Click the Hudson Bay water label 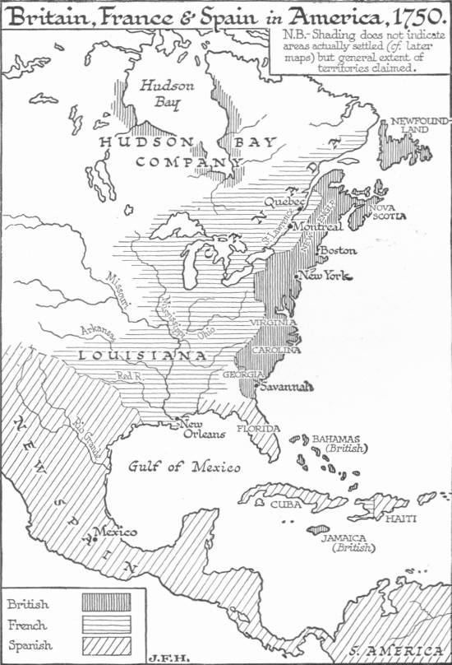tap(161, 93)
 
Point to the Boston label tap(338, 249)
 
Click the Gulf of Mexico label tap(184, 467)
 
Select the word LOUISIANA tap(143, 356)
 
